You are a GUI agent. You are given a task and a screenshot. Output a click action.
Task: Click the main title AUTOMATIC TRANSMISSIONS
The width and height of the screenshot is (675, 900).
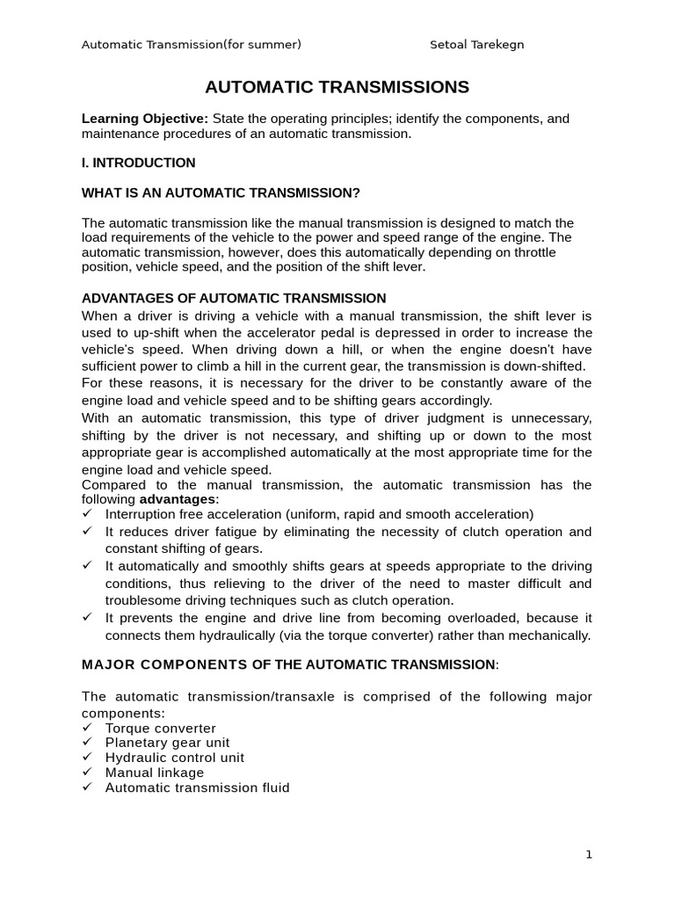pyautogui.click(x=337, y=87)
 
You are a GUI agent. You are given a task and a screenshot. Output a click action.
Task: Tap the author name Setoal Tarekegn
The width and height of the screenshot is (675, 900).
pyautogui.click(x=477, y=45)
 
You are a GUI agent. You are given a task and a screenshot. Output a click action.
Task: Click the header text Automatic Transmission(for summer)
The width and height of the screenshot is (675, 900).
pyautogui.click(x=191, y=45)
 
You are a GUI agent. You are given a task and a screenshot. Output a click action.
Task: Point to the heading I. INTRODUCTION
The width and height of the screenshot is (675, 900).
pyautogui.click(x=138, y=163)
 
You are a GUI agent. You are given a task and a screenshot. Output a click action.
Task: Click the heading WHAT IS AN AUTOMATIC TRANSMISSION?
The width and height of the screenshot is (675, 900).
pyautogui.click(x=221, y=192)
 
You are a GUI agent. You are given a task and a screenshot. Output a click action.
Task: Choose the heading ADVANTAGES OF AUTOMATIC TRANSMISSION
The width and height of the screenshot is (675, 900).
pyautogui.click(x=234, y=298)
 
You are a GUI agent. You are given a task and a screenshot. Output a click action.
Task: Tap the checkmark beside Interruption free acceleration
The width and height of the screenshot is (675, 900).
pyautogui.click(x=87, y=514)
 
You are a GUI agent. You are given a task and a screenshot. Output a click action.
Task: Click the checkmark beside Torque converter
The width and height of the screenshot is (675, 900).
pyautogui.click(x=87, y=729)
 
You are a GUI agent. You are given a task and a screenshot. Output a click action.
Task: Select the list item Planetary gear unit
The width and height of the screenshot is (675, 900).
pyautogui.click(x=167, y=743)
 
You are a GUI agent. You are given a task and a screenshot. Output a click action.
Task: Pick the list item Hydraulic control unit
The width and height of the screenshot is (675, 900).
pyautogui.click(x=175, y=758)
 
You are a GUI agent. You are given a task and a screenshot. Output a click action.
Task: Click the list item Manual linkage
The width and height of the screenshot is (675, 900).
pyautogui.click(x=154, y=773)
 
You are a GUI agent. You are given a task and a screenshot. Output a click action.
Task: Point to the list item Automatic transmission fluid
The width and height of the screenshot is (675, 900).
pyautogui.click(x=197, y=787)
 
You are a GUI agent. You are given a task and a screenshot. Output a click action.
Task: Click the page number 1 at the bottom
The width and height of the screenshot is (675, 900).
pyautogui.click(x=588, y=854)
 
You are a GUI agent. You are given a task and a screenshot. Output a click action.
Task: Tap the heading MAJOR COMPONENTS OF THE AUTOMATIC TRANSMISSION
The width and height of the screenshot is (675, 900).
pyautogui.click(x=288, y=664)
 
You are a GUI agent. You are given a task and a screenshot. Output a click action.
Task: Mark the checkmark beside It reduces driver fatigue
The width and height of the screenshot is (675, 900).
pyautogui.click(x=87, y=532)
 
